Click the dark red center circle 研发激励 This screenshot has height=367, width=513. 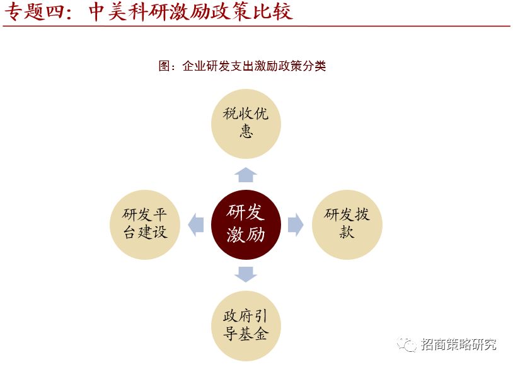[245, 224]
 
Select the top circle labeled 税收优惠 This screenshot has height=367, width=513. [245, 123]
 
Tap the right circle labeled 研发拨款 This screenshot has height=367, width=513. [347, 224]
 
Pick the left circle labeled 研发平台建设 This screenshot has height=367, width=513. [144, 224]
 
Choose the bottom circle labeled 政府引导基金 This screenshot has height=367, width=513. [245, 325]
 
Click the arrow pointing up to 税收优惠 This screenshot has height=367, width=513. [245, 175]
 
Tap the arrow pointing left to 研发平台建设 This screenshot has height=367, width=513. [195, 224]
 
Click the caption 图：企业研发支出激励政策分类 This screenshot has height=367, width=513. [243, 66]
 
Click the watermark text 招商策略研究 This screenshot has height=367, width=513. [459, 344]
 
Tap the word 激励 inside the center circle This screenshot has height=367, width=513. [245, 235]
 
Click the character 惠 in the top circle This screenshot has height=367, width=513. [246, 131]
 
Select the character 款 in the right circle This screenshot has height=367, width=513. [347, 233]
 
